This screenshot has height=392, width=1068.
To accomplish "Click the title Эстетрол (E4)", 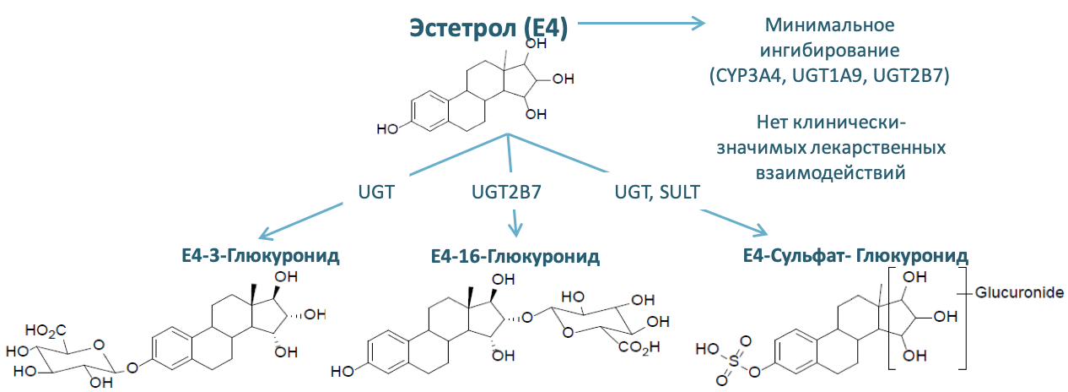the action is pyautogui.click(x=488, y=26).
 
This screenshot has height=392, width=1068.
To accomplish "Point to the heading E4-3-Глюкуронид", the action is pyautogui.click(x=260, y=256).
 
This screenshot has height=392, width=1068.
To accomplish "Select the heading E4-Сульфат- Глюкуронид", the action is pyautogui.click(x=855, y=255).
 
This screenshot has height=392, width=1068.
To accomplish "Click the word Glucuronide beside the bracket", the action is pyautogui.click(x=1019, y=292).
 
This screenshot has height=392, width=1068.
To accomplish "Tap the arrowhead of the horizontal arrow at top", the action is pyautogui.click(x=699, y=24).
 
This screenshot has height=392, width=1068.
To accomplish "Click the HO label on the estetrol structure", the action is pyautogui.click(x=388, y=129).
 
